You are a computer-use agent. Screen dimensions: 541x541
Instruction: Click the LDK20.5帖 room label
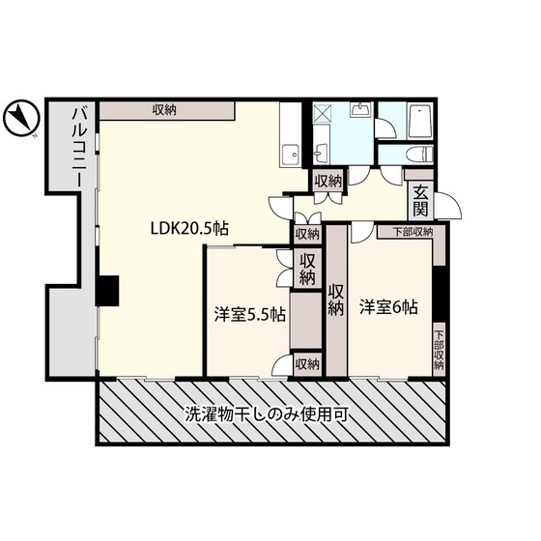tap(189, 228)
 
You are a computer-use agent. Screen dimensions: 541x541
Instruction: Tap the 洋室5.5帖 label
tap(250, 314)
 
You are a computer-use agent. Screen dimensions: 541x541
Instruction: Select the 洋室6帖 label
tap(388, 307)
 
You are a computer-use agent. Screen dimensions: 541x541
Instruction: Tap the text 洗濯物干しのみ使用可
tap(267, 414)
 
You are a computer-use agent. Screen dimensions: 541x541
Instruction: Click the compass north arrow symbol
tap(21, 118)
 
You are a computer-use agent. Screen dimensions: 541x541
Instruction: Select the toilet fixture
tap(419, 153)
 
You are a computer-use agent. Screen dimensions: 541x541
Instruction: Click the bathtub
tap(419, 121)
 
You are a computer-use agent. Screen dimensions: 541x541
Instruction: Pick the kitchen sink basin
tap(291, 155)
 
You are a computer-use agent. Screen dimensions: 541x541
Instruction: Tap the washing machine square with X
tap(322, 114)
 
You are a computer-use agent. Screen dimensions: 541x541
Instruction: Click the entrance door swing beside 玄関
tap(448, 206)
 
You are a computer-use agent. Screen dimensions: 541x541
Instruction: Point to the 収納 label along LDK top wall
tap(164, 109)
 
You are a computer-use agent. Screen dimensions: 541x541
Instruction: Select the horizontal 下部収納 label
tap(413, 232)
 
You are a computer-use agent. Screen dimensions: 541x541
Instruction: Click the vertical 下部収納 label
tap(439, 351)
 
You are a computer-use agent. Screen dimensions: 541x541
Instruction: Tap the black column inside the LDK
tap(107, 291)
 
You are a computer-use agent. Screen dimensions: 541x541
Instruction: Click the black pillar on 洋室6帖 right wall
tap(439, 294)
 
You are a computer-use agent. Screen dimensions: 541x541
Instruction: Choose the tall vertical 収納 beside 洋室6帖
tap(336, 299)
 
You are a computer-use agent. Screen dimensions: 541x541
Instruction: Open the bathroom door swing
tap(385, 128)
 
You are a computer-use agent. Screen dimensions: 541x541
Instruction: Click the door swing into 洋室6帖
tap(362, 233)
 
